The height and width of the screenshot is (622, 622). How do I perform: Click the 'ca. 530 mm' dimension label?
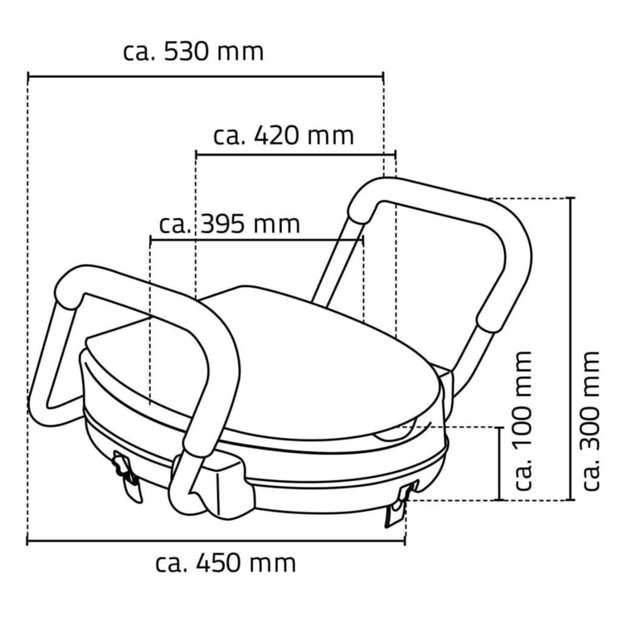pyautogui.click(x=193, y=52)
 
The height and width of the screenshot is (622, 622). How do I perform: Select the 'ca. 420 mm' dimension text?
pyautogui.click(x=284, y=136)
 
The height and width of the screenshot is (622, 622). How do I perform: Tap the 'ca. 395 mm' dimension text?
pyautogui.click(x=230, y=224)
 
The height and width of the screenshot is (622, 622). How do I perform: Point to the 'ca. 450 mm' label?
pyautogui.click(x=226, y=562)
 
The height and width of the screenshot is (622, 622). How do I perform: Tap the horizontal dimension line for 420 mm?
pyautogui.click(x=295, y=153)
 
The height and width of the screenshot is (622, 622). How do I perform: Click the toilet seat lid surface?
pyautogui.click(x=290, y=363)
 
